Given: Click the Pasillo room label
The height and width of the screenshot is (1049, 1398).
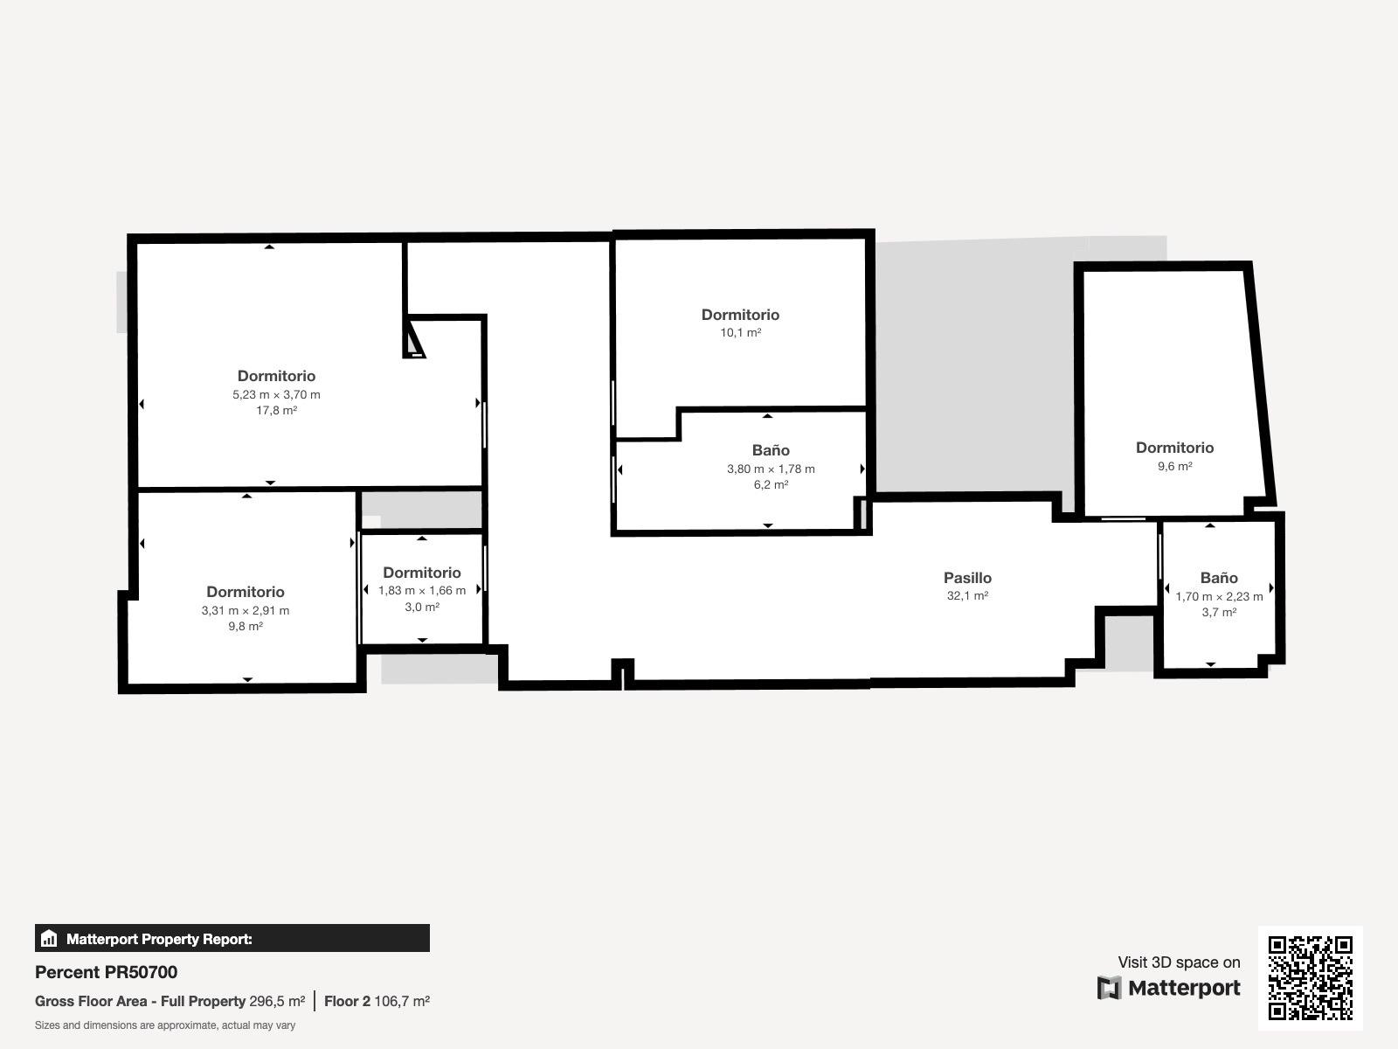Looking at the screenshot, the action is [967, 578].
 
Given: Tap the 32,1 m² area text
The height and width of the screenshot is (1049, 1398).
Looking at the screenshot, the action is [967, 595].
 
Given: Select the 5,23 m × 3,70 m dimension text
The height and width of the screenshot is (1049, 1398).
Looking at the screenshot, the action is [276, 394].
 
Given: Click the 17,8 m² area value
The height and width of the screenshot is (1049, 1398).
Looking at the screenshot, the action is [276, 410].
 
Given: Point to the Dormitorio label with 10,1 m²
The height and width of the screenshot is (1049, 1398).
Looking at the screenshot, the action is [740, 315].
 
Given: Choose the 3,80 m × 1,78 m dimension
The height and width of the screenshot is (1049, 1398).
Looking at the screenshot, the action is [771, 469].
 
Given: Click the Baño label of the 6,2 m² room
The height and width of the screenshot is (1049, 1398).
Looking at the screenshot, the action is [771, 449].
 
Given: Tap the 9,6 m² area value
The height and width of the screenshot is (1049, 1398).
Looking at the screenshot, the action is [1174, 466].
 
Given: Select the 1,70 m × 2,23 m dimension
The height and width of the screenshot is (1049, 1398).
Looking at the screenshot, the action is [1219, 597].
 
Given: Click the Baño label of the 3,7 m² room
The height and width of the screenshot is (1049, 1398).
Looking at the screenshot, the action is [1219, 578].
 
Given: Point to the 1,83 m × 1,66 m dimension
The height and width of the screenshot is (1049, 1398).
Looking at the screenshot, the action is [422, 590].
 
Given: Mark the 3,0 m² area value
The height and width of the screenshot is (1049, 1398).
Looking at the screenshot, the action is [422, 607].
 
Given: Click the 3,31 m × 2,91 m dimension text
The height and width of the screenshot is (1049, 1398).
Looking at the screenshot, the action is [246, 610].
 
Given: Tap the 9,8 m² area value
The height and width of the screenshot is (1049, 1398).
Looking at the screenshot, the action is [246, 626].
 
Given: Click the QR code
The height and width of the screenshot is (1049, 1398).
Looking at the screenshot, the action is [1310, 977].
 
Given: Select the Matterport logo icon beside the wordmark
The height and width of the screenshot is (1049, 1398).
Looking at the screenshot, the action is [1109, 988].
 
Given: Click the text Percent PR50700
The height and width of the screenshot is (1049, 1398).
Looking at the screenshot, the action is [106, 972].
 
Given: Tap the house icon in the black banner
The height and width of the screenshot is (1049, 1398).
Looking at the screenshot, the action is [49, 938].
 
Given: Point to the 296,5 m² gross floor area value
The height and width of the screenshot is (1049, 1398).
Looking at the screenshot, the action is [277, 1001].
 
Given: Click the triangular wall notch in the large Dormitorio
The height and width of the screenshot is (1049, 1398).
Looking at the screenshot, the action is [412, 339].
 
